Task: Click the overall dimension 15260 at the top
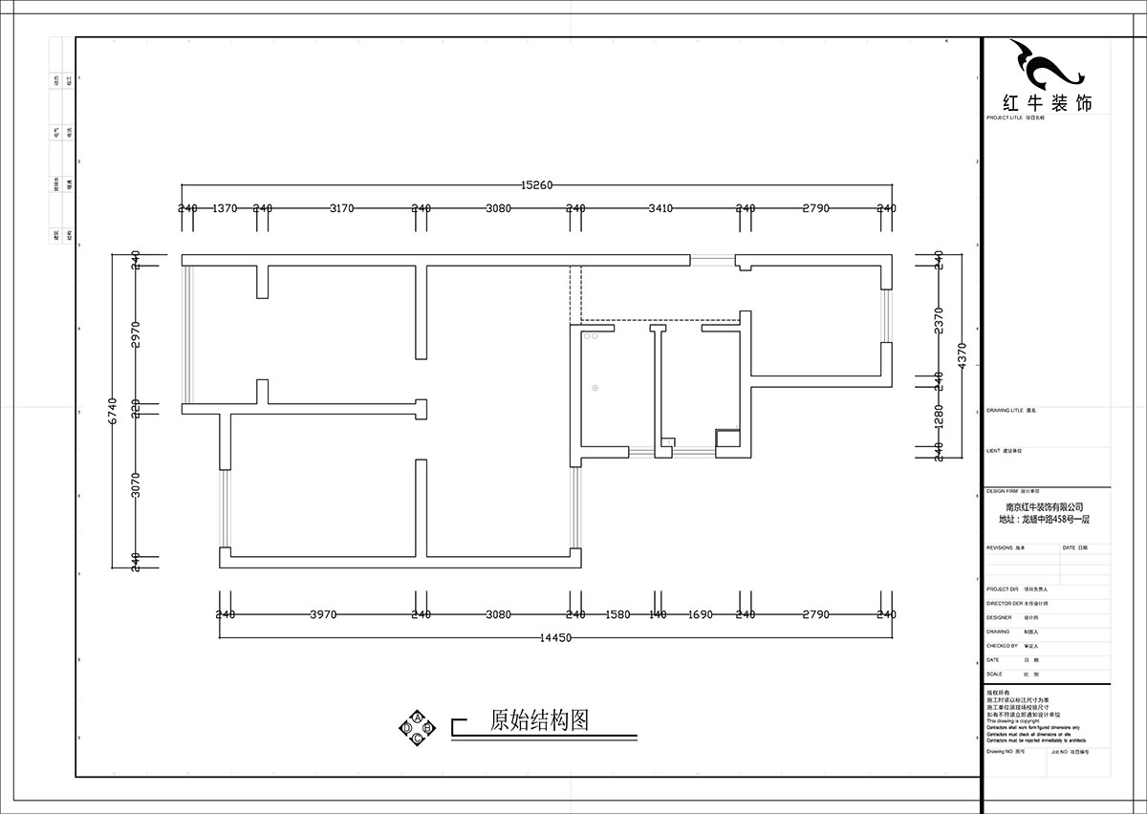(x=537, y=185)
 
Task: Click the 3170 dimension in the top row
(x=341, y=208)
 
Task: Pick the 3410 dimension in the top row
(x=660, y=208)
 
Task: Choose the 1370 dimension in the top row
(x=225, y=208)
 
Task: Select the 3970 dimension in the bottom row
(x=323, y=615)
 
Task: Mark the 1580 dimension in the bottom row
(x=618, y=615)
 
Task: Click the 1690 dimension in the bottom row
(x=701, y=615)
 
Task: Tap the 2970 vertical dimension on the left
(x=136, y=334)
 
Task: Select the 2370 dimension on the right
(x=939, y=319)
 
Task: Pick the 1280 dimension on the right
(x=939, y=416)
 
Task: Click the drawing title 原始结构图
(x=539, y=720)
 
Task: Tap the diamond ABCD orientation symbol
(x=418, y=728)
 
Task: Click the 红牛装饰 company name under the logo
(x=1045, y=103)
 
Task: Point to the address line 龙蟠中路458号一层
(x=1045, y=520)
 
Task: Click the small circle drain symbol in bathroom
(x=595, y=388)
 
